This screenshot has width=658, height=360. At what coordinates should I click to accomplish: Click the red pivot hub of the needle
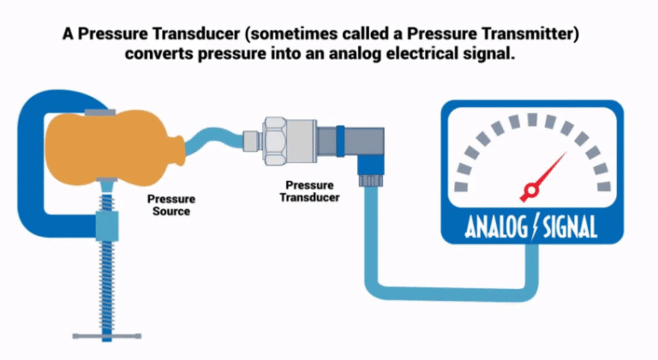529,189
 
